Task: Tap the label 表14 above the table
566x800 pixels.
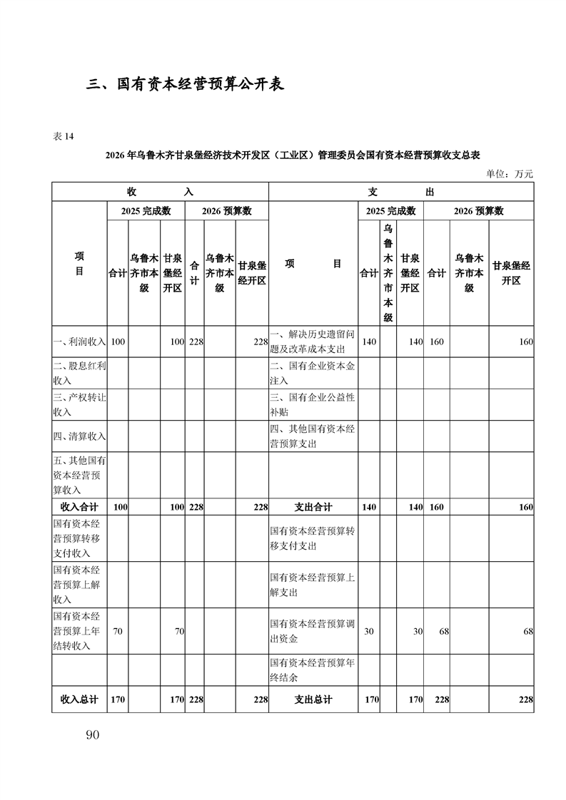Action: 64,137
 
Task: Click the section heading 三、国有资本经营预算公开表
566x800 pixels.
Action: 186,84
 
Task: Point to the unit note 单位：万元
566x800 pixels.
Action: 510,173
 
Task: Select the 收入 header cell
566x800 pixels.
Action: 160,192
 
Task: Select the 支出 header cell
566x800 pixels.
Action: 400,192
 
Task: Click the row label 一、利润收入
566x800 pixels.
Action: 79,342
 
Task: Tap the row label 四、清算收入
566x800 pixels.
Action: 79,436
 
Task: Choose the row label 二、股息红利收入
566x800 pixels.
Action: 79,374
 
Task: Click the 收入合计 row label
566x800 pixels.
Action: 79,507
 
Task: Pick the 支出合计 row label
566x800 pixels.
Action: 313,507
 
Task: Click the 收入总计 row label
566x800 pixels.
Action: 79,699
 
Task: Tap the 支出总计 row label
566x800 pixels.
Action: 313,699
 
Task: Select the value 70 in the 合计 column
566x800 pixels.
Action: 118,631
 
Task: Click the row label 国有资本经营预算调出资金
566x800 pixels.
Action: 313,631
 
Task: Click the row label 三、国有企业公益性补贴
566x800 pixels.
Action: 313,405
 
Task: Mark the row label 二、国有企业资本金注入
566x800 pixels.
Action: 313,374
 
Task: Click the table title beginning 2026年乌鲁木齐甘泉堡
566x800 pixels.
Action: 292,155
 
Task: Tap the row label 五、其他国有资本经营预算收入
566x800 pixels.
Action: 79,475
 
